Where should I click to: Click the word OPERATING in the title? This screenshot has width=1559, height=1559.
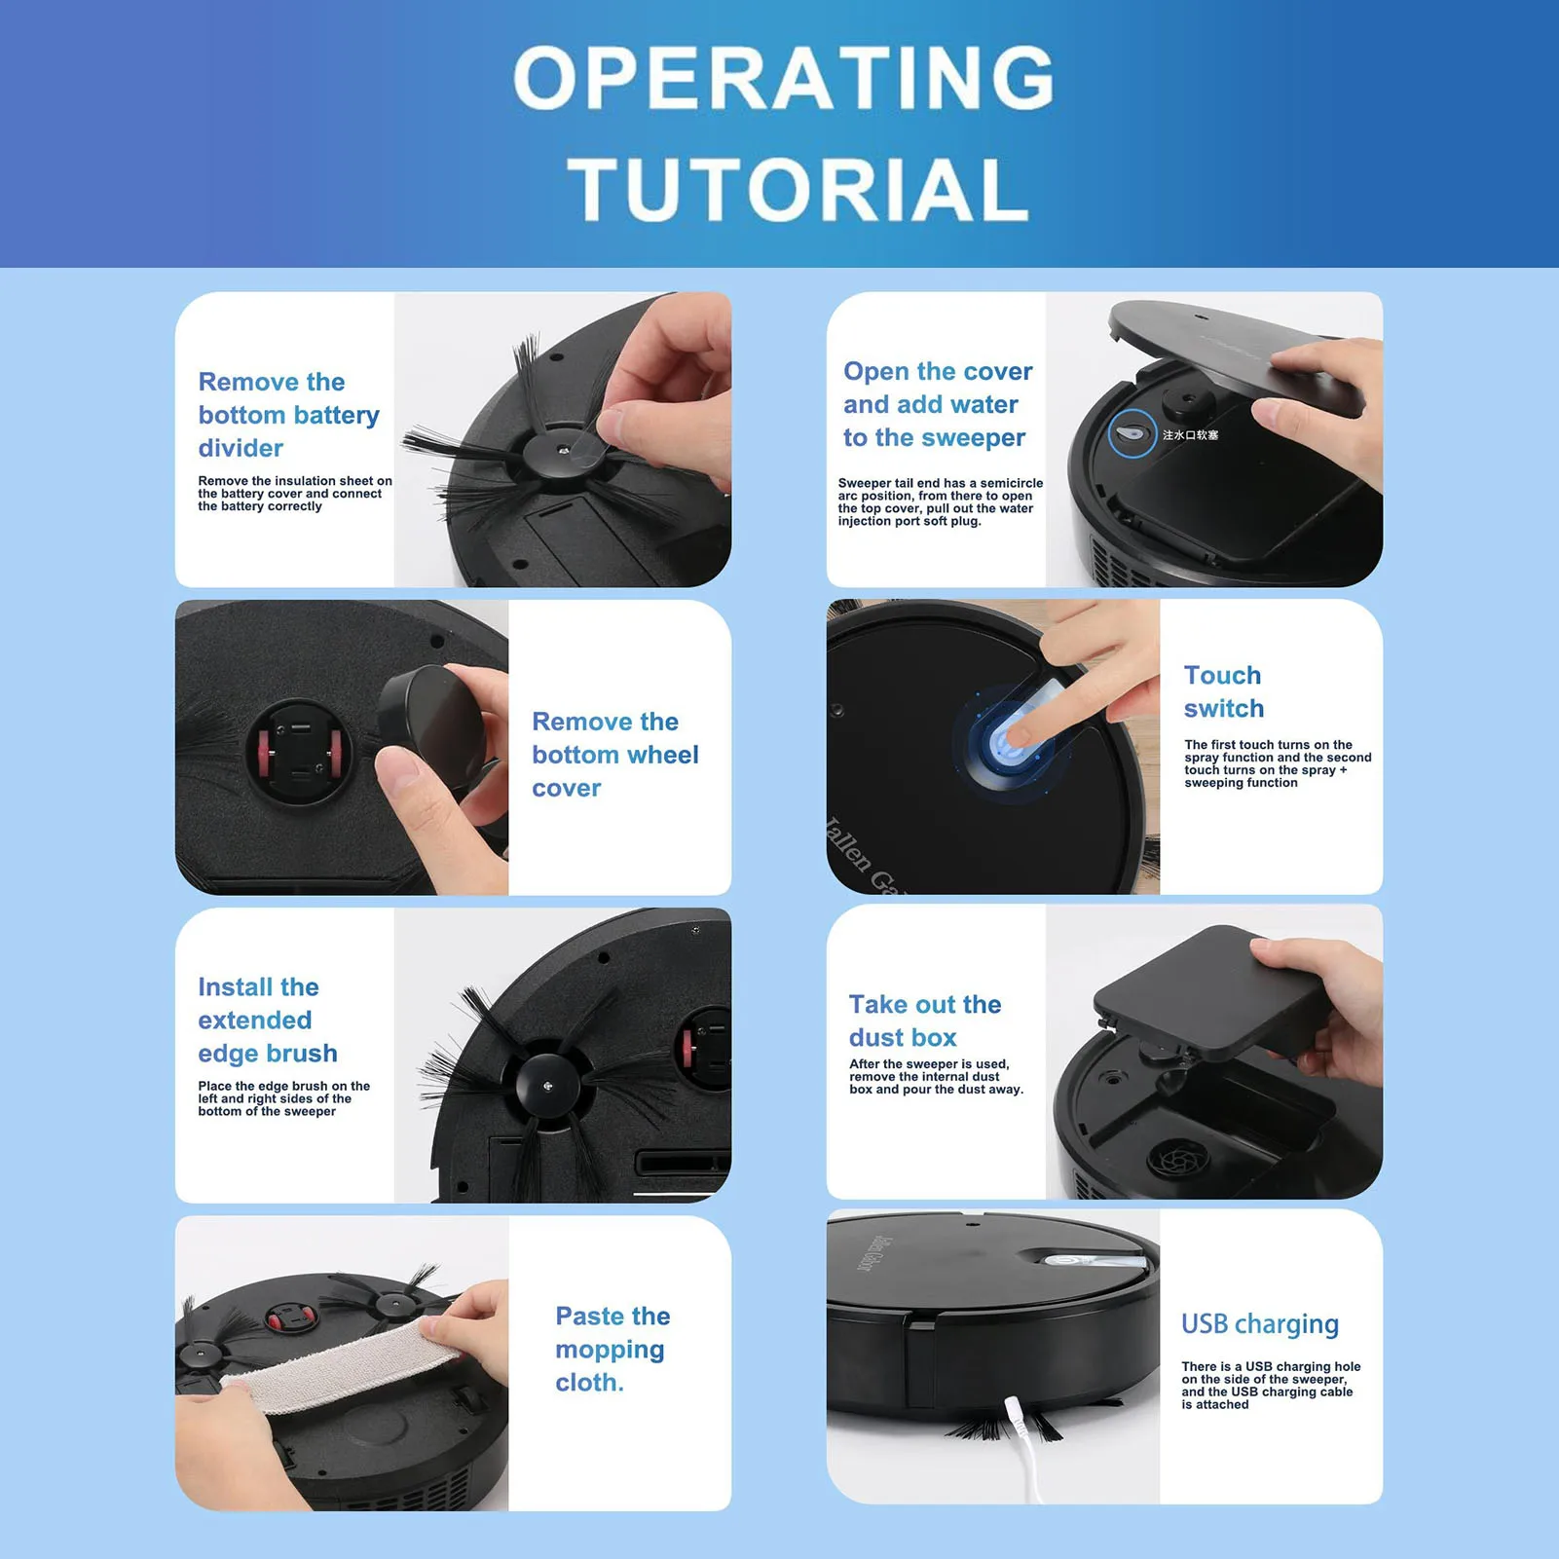point(783,78)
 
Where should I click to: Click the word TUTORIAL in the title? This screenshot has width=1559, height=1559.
point(798,189)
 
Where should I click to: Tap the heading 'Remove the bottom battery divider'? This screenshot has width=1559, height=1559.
point(288,415)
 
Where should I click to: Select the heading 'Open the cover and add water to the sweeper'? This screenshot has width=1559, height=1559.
point(937,404)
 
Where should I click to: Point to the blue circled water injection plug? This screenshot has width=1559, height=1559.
point(1132,434)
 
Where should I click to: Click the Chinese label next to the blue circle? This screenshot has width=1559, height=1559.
point(1190,435)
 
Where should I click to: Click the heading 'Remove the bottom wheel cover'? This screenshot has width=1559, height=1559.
point(614,755)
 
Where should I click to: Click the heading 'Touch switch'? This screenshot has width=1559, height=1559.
point(1223,691)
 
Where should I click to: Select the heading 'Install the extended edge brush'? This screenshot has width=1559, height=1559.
point(267,1020)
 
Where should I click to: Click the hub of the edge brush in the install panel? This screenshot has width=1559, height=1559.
point(547,1085)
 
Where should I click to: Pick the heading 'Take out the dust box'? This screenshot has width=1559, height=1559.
point(924,1021)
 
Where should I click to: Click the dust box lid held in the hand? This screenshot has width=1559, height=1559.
point(1207,993)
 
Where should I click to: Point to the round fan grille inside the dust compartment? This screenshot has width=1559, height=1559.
point(1178,1159)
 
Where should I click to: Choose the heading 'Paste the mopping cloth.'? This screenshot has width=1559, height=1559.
point(612,1349)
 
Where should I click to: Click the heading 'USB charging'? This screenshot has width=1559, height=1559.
point(1259,1323)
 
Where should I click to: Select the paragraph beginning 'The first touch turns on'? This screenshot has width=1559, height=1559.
point(1277,763)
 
